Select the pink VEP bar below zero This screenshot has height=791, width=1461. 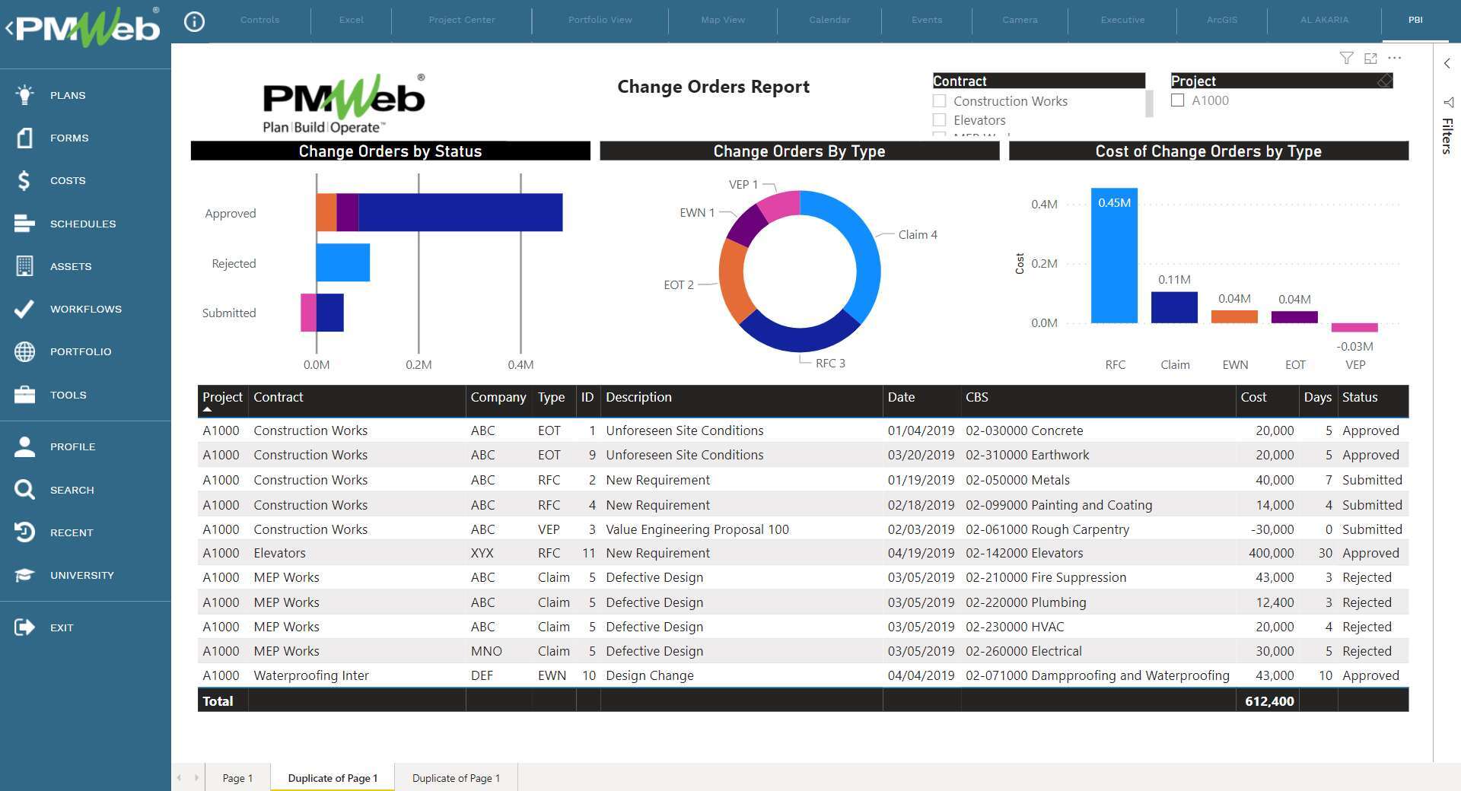(1354, 328)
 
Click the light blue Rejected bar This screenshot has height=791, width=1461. (342, 262)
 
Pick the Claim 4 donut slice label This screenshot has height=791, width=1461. (917, 235)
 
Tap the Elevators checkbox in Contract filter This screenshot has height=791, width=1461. (940, 120)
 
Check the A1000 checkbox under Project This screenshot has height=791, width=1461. (1178, 100)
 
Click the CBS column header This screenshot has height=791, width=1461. (977, 397)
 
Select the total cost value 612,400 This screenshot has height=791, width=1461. (1269, 701)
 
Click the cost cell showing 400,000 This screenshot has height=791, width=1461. (1271, 553)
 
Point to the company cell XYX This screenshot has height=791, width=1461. (482, 553)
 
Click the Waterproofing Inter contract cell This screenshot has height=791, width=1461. (311, 675)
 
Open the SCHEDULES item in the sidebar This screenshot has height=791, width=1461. (83, 224)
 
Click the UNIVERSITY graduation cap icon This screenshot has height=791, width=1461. (24, 575)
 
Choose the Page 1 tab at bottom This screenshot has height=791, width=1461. (237, 778)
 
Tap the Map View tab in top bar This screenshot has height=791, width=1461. (723, 20)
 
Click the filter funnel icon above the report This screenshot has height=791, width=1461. (1346, 59)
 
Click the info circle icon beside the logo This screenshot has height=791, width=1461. (195, 22)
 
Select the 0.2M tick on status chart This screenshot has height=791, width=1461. (419, 365)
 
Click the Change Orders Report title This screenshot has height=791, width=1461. (713, 87)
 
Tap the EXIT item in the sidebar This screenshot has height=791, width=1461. (62, 627)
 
